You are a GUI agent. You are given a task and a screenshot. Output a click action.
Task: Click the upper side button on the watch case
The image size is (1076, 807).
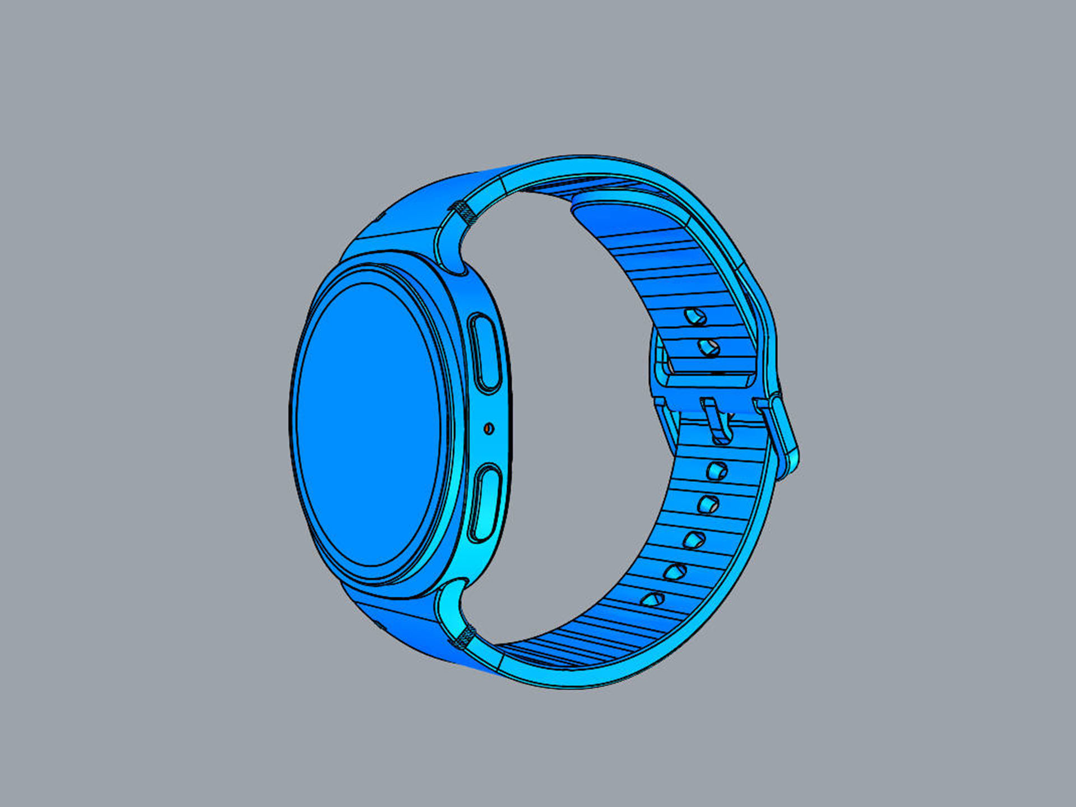tap(485, 353)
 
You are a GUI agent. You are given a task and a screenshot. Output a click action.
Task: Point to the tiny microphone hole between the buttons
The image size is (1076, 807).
tap(489, 429)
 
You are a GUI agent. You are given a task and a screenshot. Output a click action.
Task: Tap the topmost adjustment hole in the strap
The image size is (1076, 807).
tap(695, 317)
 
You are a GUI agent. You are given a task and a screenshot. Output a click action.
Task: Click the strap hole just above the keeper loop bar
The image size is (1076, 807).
tap(709, 347)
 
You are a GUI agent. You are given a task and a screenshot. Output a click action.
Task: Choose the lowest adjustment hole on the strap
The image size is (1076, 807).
tap(652, 599)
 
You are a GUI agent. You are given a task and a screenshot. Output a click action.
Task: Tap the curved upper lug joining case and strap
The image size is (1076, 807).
tap(448, 247)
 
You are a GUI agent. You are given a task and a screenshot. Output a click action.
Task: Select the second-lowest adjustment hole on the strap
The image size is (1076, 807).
tap(675, 572)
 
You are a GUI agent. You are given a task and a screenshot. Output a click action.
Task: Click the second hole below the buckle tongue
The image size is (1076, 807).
tap(708, 504)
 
